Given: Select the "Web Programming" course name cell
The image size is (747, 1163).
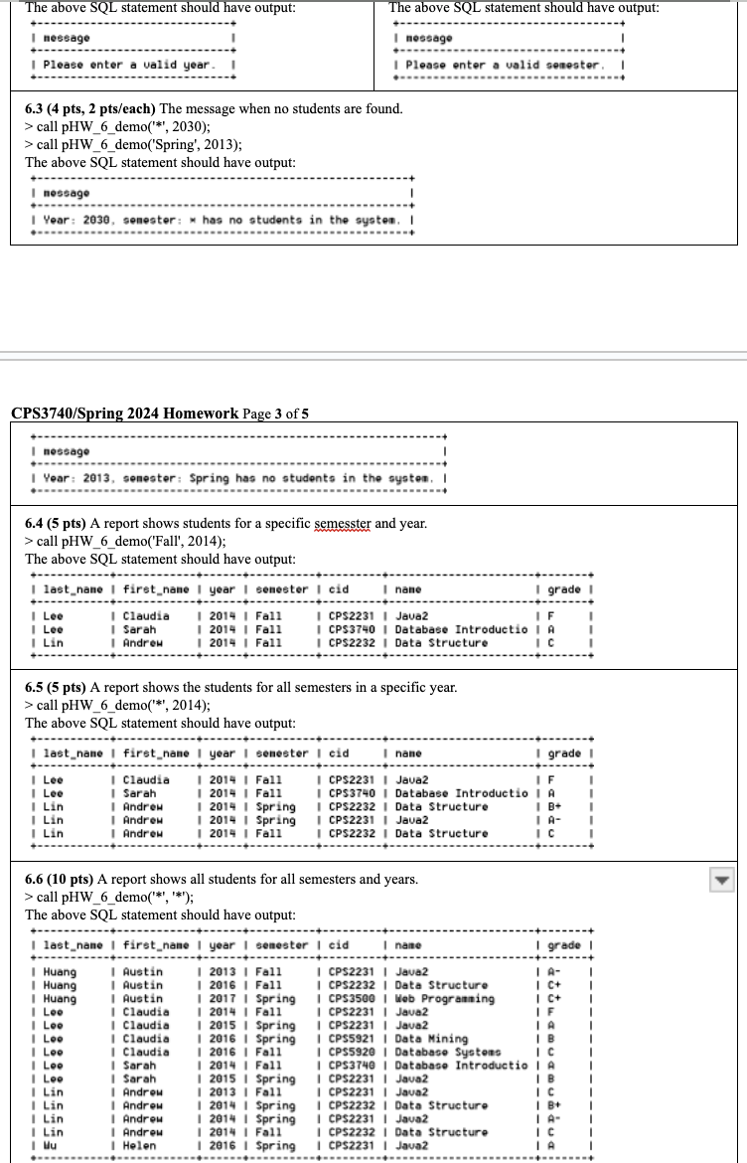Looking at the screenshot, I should pyautogui.click(x=444, y=998).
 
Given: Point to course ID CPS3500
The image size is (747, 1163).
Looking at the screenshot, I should pyautogui.click(x=356, y=998).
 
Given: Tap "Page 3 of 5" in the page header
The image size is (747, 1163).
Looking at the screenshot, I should pyautogui.click(x=275, y=414).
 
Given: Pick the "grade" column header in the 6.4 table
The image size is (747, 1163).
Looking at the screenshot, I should pyautogui.click(x=564, y=589).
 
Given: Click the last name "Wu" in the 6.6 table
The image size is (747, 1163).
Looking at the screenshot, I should pyautogui.click(x=49, y=1144).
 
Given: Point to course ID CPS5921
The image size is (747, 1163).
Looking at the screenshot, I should pyautogui.click(x=356, y=1038).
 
